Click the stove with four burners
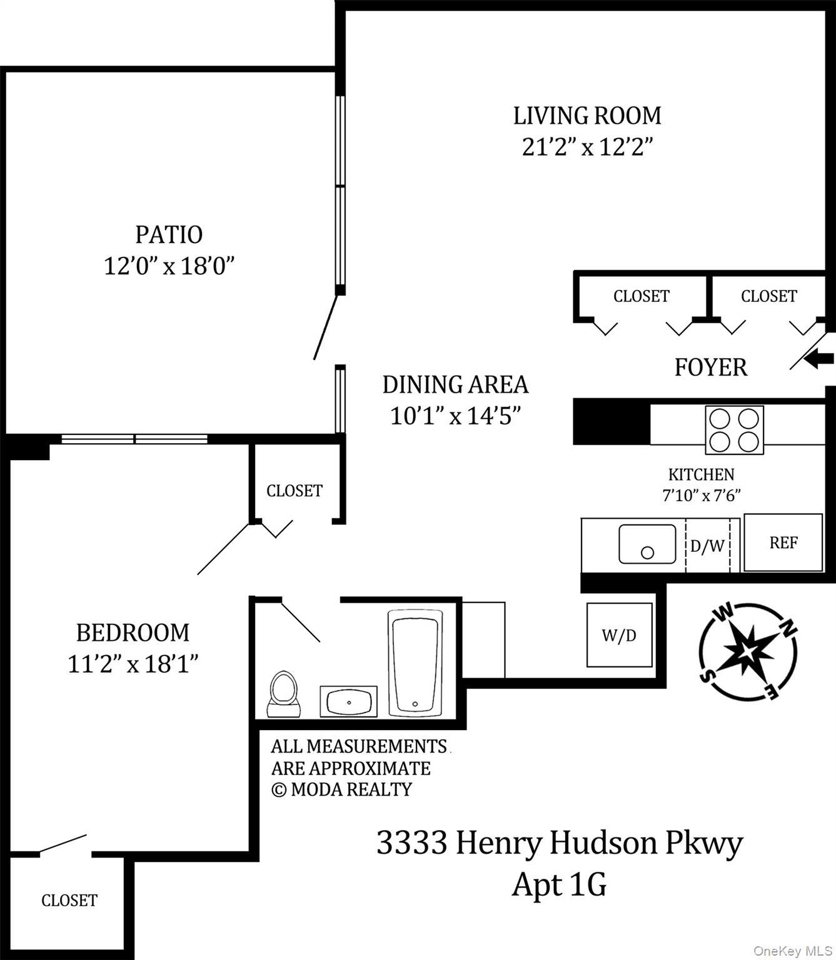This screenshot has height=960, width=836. (x=734, y=429)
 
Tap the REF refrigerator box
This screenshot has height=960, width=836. (x=783, y=542)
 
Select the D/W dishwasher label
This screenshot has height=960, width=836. (x=707, y=546)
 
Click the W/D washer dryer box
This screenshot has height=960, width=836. (x=619, y=635)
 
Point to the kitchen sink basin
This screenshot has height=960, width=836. (x=647, y=544)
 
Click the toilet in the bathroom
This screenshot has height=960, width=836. (x=283, y=693)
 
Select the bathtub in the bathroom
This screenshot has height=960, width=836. (x=415, y=662)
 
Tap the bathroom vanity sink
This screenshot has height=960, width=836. (x=348, y=701)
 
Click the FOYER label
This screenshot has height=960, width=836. (x=710, y=367)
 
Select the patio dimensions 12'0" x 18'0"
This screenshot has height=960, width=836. (x=169, y=267)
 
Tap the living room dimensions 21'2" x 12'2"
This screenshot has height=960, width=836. (x=587, y=147)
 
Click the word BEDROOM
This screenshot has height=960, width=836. (x=133, y=632)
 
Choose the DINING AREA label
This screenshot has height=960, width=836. (x=455, y=384)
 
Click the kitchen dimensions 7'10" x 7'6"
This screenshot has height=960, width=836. (x=701, y=496)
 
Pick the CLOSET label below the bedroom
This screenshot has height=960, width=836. (x=69, y=900)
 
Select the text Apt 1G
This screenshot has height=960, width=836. (x=559, y=884)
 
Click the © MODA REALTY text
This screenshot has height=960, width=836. (x=341, y=789)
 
